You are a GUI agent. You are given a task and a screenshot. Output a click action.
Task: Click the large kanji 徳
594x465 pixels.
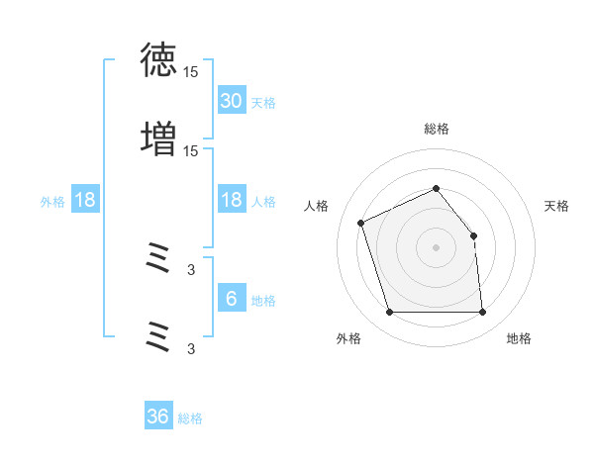point(158,59)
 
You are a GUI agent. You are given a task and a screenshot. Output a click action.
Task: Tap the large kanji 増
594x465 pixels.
point(158,139)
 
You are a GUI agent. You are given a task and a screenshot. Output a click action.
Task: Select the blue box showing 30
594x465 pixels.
point(232,100)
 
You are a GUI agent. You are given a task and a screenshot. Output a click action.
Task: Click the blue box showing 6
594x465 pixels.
point(232,297)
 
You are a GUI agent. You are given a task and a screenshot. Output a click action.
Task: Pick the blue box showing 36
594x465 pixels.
point(158,415)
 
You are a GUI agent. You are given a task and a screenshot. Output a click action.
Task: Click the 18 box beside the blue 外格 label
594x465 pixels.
point(85,199)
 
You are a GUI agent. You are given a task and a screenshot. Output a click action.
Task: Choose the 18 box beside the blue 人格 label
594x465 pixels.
point(232,199)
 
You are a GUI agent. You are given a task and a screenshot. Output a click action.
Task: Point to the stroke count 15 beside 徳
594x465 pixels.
point(190,72)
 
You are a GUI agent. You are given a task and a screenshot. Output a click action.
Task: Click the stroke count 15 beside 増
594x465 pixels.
point(190,151)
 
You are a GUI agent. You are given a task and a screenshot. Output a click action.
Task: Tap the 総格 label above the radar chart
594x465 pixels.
point(437,130)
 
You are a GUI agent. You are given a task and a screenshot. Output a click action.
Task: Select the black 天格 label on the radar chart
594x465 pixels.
point(556,206)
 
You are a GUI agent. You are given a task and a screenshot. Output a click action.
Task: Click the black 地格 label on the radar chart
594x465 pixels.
point(519,338)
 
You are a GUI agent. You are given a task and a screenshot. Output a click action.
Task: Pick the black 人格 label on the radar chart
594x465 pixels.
point(316,206)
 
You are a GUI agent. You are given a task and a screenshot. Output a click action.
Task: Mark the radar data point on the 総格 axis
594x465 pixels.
point(436,188)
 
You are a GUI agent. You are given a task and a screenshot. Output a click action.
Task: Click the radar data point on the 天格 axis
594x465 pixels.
point(473,235)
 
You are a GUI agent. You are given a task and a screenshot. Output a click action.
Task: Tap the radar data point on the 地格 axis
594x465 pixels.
point(482,312)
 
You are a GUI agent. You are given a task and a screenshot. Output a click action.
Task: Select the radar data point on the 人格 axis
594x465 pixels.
point(360,223)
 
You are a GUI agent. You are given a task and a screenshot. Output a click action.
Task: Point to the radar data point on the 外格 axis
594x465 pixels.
point(389,312)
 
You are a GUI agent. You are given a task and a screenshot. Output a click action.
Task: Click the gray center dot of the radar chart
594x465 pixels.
point(436,247)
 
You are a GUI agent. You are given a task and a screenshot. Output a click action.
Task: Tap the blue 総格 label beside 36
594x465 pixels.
point(190,418)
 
